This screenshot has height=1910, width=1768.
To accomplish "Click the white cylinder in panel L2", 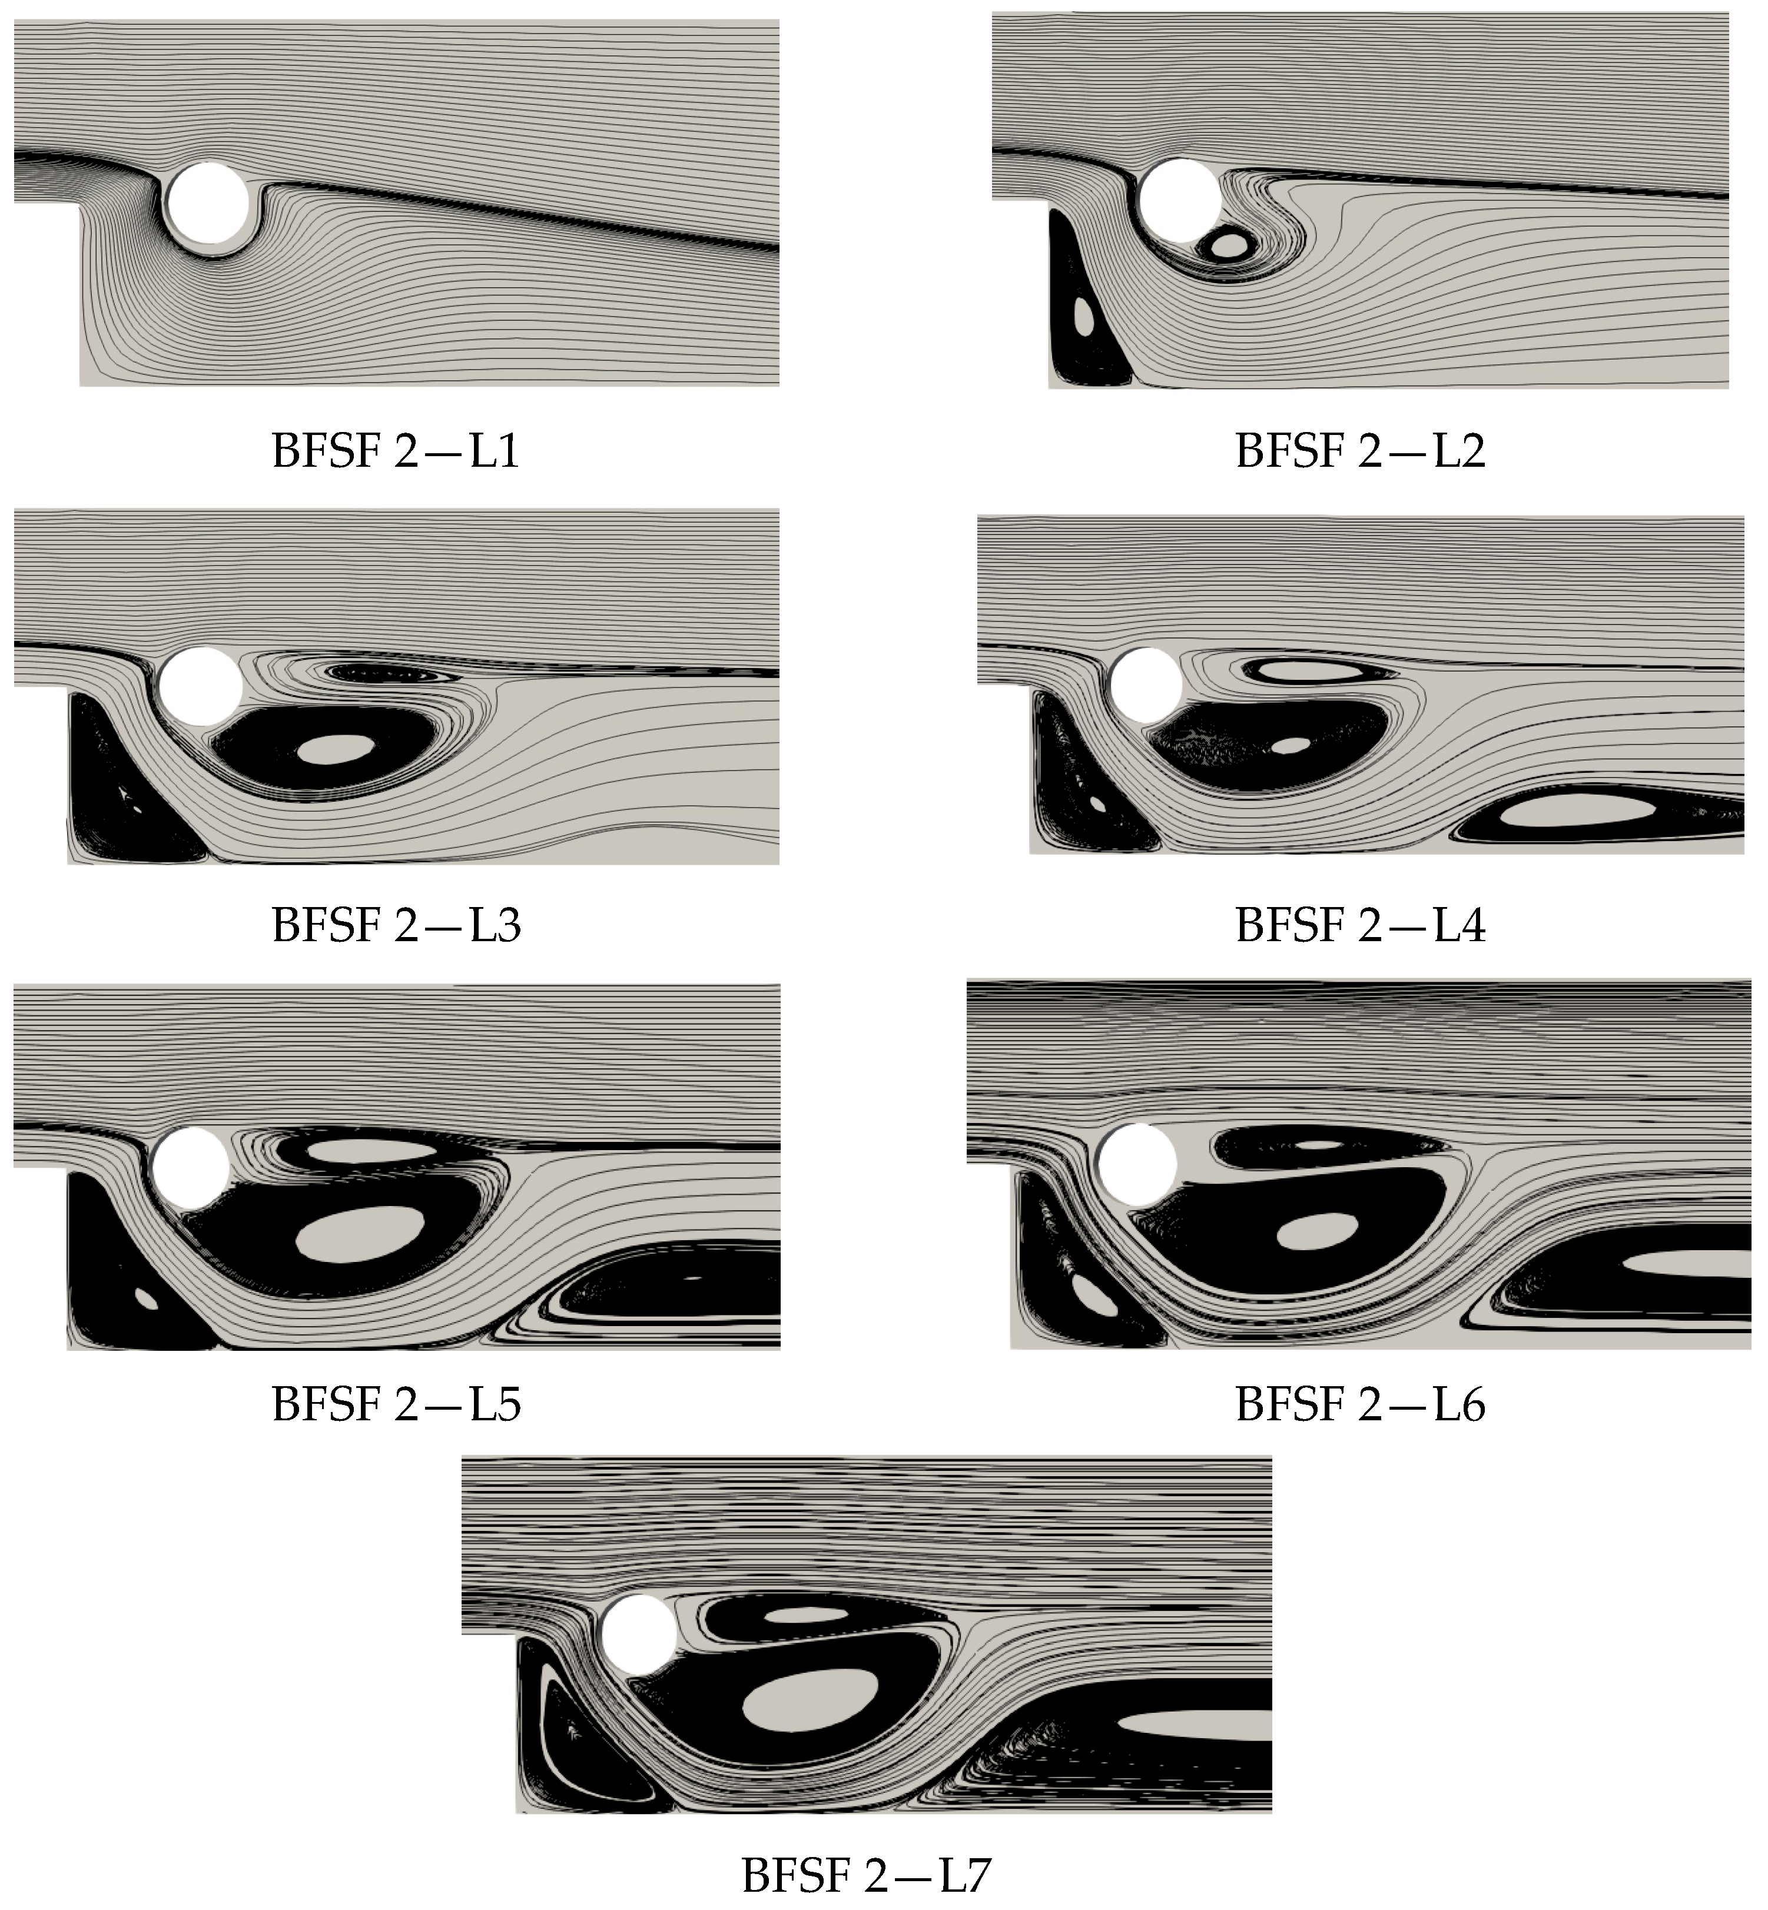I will (1180, 200).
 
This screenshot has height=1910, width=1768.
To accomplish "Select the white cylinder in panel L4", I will (1146, 685).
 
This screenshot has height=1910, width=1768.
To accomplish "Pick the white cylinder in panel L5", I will (191, 1167).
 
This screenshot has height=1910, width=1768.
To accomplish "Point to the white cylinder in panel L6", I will (1136, 1164).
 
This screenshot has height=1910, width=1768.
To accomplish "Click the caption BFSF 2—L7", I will (866, 1876).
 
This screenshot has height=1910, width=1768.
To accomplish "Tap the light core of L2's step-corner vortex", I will (1084, 315).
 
